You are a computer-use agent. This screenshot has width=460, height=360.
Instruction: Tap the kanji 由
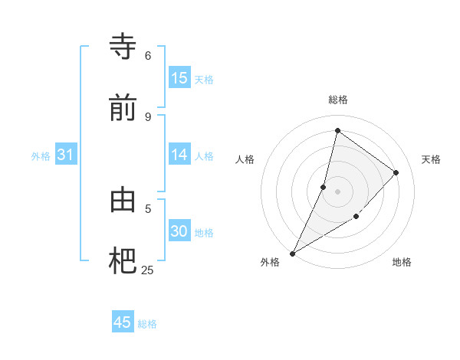(x=123, y=201)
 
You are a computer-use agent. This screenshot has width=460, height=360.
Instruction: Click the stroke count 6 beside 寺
(x=148, y=56)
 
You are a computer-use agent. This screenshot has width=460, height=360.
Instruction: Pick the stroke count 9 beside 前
(x=148, y=116)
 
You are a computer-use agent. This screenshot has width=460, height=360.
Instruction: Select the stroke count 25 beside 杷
(x=148, y=270)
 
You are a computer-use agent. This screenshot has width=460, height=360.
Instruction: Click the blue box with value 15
(x=179, y=78)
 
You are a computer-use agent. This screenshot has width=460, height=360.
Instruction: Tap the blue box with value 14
(x=179, y=155)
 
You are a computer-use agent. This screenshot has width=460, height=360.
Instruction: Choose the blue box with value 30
(x=179, y=231)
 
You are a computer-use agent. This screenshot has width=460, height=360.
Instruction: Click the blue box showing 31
(x=66, y=155)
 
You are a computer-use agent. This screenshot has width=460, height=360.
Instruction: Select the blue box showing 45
(x=123, y=322)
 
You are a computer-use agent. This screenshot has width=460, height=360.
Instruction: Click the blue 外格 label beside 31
(x=41, y=156)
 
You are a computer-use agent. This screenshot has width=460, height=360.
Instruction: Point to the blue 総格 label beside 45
(x=147, y=324)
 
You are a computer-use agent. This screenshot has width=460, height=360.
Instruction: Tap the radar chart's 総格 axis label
(x=338, y=100)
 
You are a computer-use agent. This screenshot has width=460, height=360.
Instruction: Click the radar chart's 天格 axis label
(x=432, y=159)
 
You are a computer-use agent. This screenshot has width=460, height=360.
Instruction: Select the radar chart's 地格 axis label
(x=402, y=262)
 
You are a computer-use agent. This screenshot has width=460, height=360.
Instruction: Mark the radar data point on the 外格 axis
(x=292, y=253)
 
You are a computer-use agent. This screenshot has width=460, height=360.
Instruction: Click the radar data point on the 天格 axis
(x=396, y=172)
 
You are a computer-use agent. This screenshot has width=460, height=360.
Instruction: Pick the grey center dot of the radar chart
(x=338, y=191)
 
